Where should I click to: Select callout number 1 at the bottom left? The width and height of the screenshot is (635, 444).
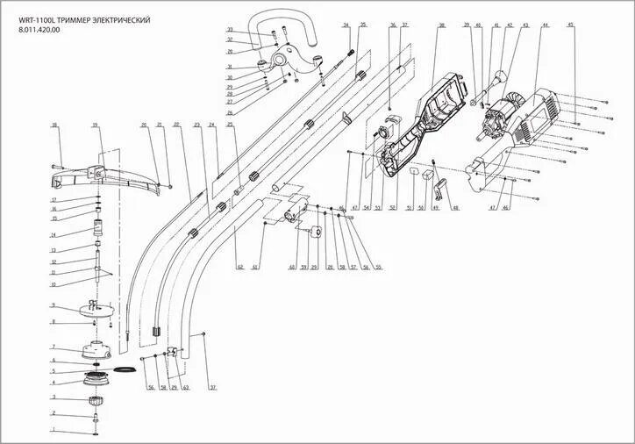coord(54,430)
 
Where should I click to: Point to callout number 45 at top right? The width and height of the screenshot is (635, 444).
coord(570,25)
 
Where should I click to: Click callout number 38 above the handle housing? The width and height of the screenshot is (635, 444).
coord(441,25)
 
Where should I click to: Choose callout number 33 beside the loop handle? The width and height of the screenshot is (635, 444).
coord(230,30)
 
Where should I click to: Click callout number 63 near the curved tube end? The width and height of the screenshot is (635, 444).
coord(186,387)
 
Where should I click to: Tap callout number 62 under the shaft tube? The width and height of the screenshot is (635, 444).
coord(239,266)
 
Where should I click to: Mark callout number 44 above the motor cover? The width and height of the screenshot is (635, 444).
coord(546,25)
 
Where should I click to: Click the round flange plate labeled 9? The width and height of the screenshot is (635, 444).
coord(95,308)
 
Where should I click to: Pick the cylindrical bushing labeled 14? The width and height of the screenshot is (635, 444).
coord(98,232)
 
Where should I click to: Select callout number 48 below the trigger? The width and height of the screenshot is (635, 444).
coord(456,208)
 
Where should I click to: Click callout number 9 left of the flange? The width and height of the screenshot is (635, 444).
coord(54,305)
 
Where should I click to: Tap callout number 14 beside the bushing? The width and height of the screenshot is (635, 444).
coord(54,235)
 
